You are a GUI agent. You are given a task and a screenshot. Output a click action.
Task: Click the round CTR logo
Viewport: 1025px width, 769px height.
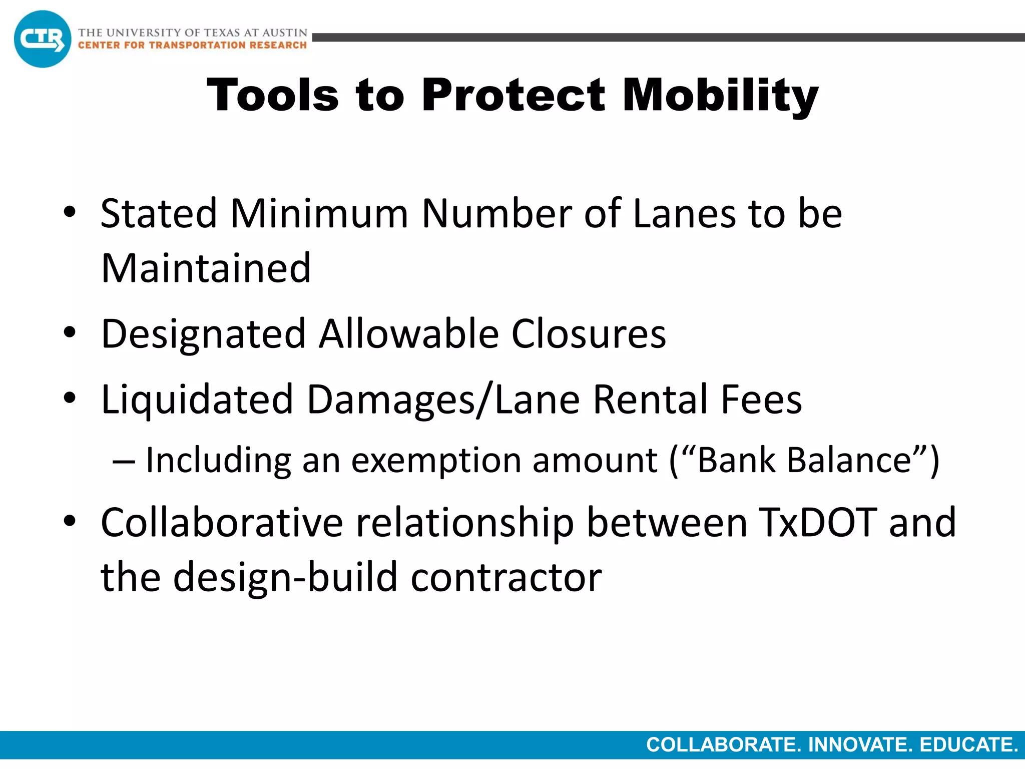pos(43,39)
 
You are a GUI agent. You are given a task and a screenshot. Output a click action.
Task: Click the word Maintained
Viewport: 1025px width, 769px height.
pos(206,268)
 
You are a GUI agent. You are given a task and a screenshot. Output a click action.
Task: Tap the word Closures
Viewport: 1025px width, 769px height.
pos(589,334)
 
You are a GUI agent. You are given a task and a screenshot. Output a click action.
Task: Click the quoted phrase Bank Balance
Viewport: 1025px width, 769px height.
pos(804,460)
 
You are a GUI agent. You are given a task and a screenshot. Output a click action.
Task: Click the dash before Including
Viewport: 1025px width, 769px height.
pos(123,461)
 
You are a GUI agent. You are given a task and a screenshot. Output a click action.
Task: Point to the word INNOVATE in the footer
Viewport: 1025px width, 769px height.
pos(860,745)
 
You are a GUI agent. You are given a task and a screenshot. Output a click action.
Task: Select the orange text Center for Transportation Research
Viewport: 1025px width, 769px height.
pos(192,46)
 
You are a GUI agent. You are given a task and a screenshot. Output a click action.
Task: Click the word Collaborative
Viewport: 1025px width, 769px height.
pos(222,522)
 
